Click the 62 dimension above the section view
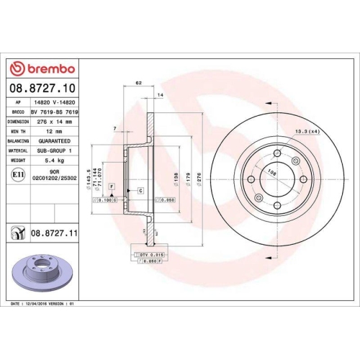click(x=138, y=84)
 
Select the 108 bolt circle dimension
click(x=272, y=174)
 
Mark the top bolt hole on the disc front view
click(x=278, y=153)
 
